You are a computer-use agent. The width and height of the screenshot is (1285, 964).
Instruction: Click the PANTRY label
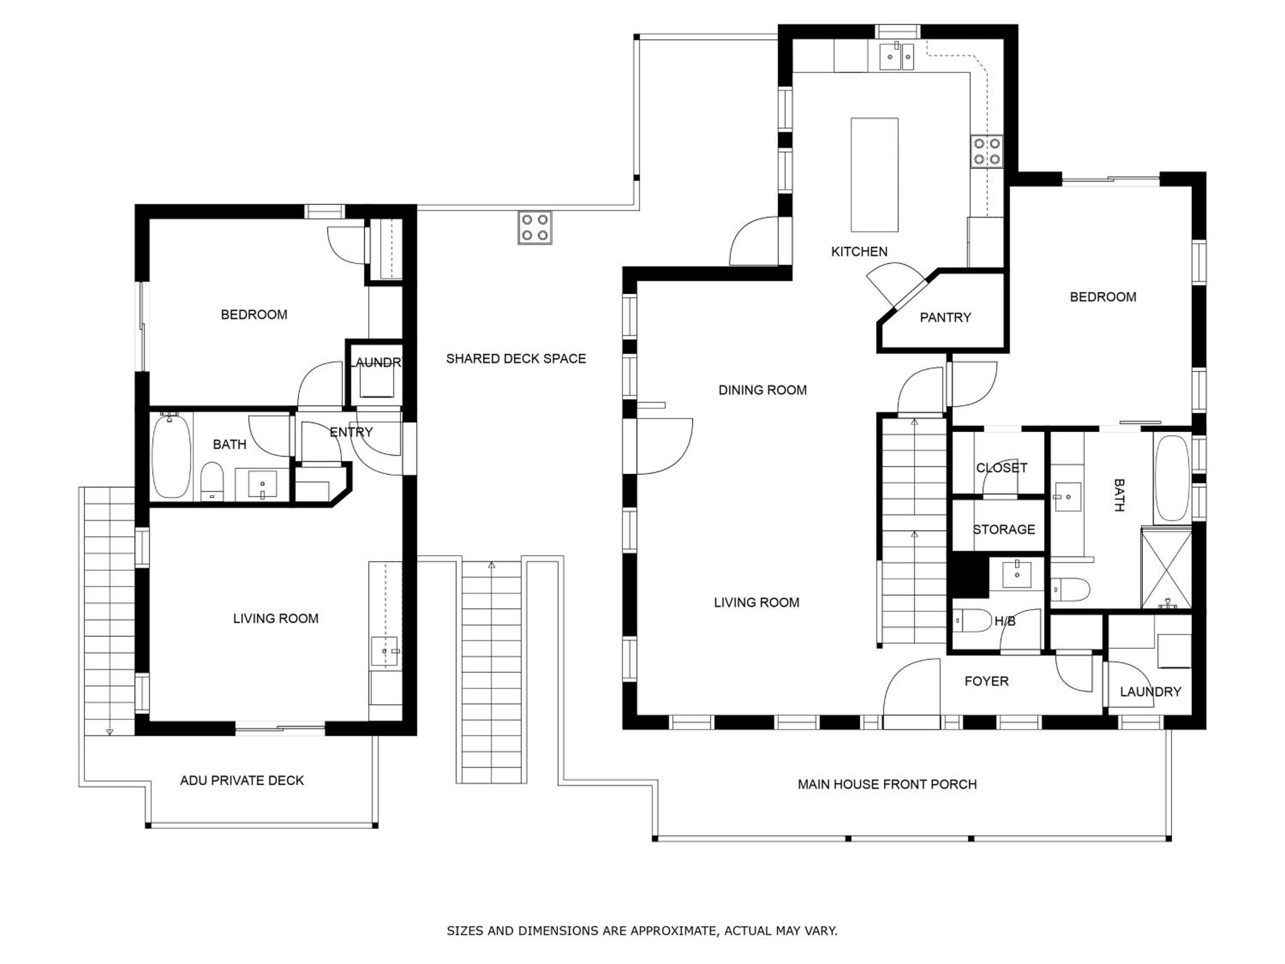(945, 317)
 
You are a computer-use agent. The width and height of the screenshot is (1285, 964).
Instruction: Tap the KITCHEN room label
(859, 251)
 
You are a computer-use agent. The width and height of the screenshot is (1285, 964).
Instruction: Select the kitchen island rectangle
(874, 175)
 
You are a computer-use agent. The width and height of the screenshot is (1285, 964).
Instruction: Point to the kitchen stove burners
(987, 151)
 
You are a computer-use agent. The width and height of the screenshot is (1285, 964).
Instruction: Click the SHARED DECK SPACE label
(516, 359)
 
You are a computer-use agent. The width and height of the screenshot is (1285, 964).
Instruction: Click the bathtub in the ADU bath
(171, 457)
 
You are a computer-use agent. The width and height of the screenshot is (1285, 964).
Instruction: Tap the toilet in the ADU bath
(212, 481)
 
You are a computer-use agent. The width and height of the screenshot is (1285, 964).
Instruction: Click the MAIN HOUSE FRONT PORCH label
(887, 784)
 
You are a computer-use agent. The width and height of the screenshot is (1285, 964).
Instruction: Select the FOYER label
(986, 681)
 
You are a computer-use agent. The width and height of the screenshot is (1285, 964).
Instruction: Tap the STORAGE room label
(1004, 530)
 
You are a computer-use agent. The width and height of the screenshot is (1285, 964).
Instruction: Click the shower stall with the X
(1166, 568)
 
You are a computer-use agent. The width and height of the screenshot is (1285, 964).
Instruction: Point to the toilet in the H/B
(972, 620)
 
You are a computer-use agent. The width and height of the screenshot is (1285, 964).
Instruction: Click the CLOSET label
(1001, 468)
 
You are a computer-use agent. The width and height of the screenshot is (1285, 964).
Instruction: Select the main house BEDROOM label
(1103, 297)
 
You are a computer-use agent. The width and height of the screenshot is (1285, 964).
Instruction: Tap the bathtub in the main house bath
(1172, 478)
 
